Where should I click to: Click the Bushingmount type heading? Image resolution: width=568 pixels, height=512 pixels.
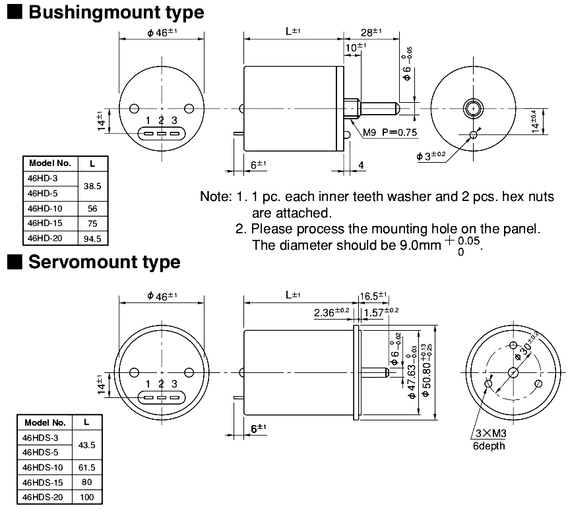[116, 12]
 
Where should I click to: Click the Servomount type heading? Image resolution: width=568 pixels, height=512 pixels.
[104, 262]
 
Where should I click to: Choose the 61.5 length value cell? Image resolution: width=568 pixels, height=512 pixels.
[87, 467]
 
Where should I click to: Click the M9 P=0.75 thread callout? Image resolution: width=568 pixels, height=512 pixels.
[391, 132]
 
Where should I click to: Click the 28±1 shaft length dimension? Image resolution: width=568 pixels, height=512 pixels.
[372, 32]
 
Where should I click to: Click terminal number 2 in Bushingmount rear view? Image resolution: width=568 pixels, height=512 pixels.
[161, 120]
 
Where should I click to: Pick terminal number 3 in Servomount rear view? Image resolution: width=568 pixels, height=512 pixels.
[174, 384]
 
